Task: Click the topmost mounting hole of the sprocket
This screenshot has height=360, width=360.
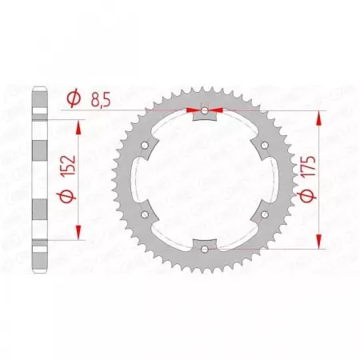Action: [205, 109]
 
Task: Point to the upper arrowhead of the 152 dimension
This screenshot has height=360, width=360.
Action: [78, 126]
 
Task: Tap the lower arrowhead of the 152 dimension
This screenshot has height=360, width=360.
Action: [78, 233]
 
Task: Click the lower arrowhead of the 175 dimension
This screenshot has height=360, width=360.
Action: [320, 241]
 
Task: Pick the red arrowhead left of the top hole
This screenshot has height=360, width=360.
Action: [193, 110]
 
